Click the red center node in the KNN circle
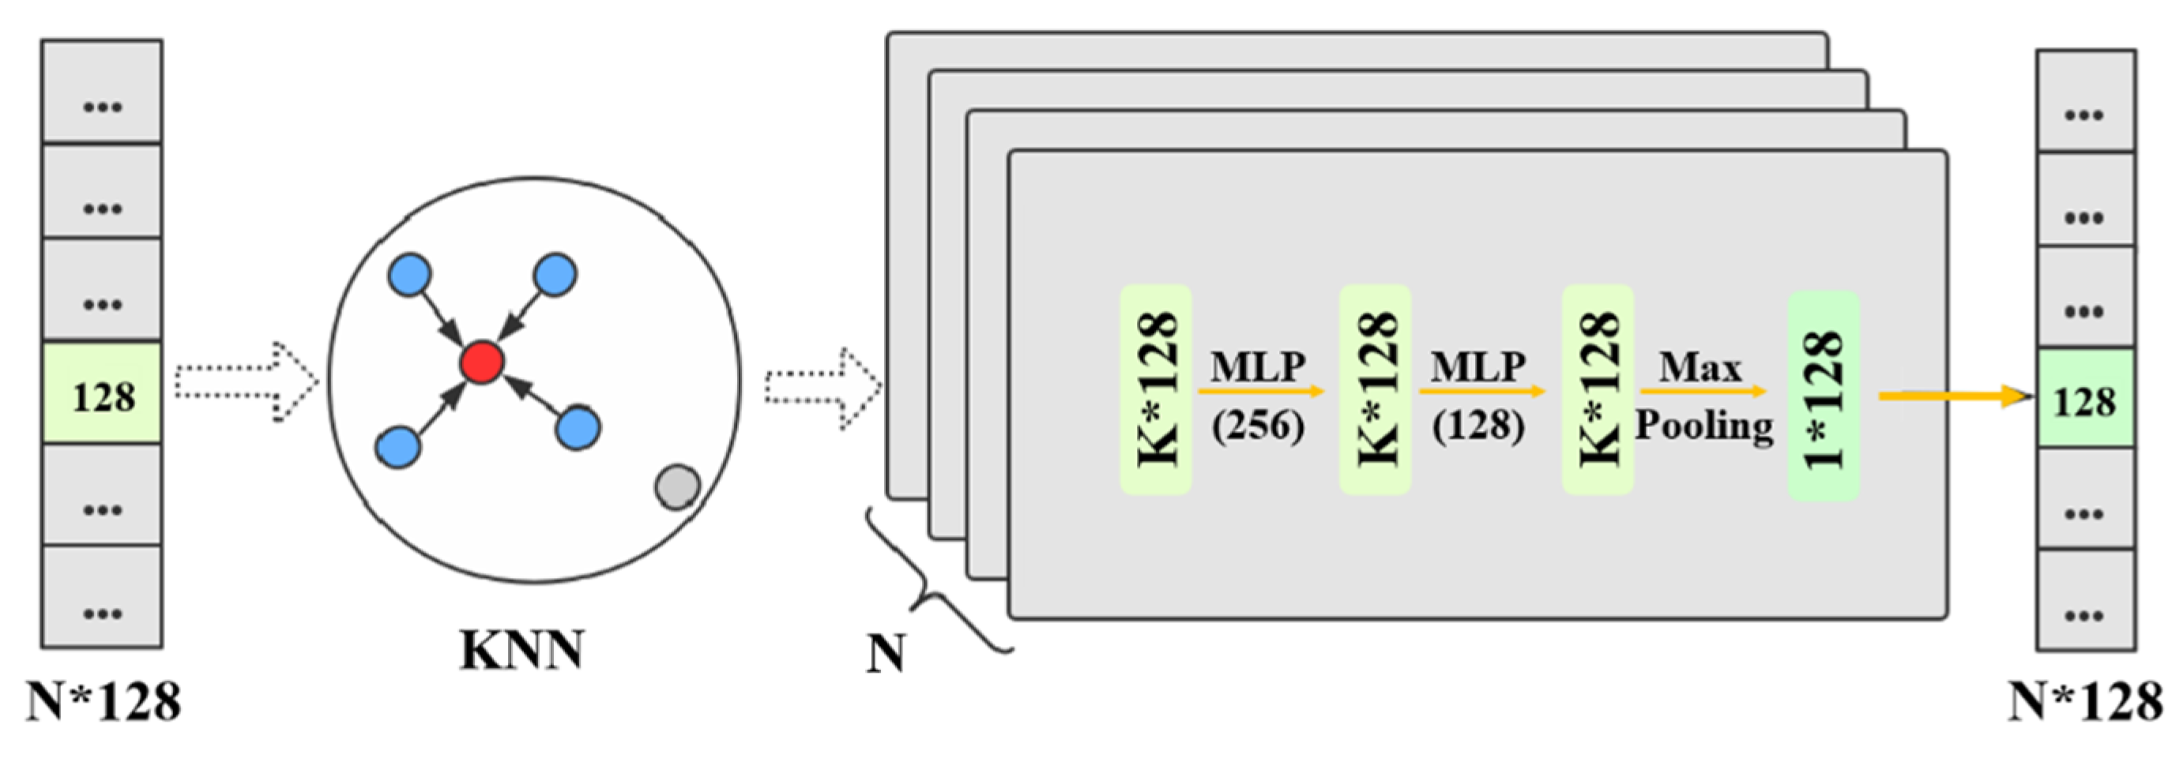point(481,362)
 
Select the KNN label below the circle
point(521,651)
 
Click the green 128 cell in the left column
point(103,394)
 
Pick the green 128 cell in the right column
point(2086,399)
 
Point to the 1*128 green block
point(1824,396)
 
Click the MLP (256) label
point(1259,395)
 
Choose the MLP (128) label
point(1479,395)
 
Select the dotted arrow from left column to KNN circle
point(247,381)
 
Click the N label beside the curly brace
point(886,654)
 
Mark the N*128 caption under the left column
point(104,701)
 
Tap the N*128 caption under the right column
point(2086,701)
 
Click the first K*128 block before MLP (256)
point(1156,389)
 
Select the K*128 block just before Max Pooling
point(1598,389)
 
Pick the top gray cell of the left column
point(103,92)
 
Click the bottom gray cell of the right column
point(2086,599)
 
